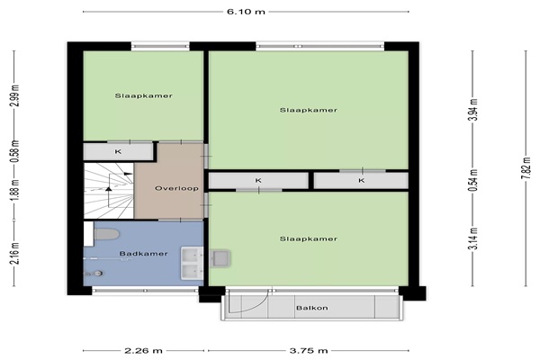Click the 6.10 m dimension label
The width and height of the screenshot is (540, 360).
[246, 12]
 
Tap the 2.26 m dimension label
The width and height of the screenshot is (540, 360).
[143, 351]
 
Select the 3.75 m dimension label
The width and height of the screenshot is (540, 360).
[308, 351]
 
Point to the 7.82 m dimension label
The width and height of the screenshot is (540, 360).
[526, 167]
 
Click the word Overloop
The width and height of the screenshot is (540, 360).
[176, 188]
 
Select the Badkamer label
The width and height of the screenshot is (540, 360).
[143, 254]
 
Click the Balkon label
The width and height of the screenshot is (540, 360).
[312, 308]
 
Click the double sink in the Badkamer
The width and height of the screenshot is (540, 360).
[192, 263]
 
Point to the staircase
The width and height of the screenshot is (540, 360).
[109, 191]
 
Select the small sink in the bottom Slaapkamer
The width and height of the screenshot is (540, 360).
[220, 258]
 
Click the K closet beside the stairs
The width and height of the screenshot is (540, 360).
[118, 151]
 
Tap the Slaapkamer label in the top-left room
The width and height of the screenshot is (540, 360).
[144, 95]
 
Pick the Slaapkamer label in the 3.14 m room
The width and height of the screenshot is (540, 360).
[308, 238]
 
